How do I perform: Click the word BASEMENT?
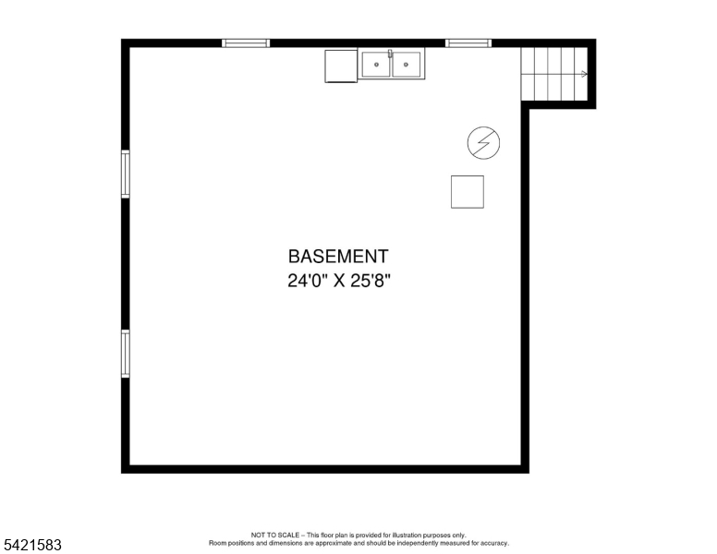pos(338,257)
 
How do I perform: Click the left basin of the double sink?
pos(375,65)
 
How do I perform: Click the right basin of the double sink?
pos(406,65)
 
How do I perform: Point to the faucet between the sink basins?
pos(391,54)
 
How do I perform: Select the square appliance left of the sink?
pos(341,66)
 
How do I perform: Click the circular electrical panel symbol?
pos(483,142)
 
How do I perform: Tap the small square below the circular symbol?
pos(467,191)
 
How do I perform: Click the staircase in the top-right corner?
pos(553,73)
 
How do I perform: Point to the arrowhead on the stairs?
pos(584,73)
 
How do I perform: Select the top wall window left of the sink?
pos(246,42)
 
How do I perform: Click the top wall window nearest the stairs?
pos(468,42)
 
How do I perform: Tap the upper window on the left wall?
pos(126,174)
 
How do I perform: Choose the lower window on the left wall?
pos(126,354)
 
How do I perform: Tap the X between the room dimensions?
pos(339,281)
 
